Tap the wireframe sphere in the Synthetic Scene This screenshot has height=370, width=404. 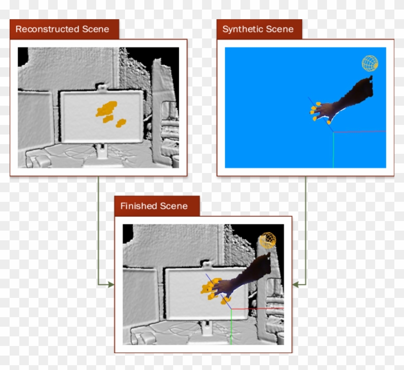pyautogui.click(x=370, y=63)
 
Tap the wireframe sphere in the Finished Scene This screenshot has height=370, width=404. pyautogui.click(x=267, y=240)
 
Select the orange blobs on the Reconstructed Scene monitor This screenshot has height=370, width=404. pyautogui.click(x=109, y=112)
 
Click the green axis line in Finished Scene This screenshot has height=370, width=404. pyautogui.click(x=231, y=327)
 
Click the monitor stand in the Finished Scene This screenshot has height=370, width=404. pyautogui.click(x=207, y=329)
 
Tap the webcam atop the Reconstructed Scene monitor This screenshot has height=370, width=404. pyautogui.click(x=101, y=87)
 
